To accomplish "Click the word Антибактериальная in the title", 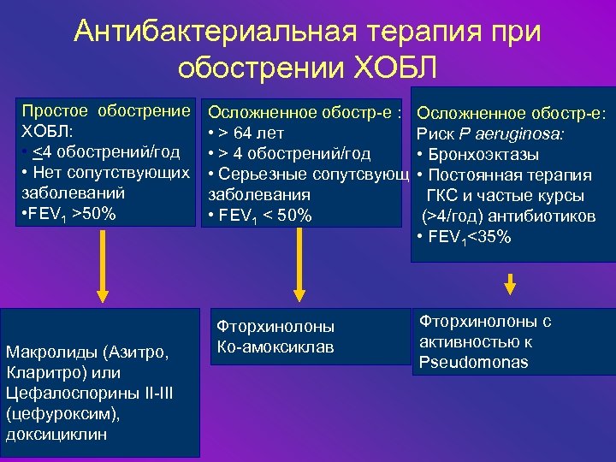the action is pos(209,32).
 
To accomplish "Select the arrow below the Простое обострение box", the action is pos(104,265).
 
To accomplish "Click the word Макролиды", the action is pos(50,353).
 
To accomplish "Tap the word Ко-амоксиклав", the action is pos(275,346).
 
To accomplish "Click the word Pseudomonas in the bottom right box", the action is pos(473,362).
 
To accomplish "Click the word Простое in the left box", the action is pos(56,112).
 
